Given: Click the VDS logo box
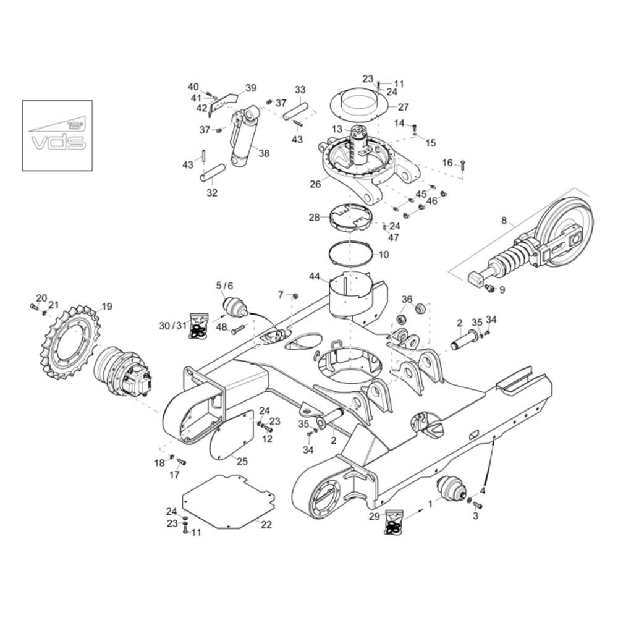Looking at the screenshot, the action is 57,135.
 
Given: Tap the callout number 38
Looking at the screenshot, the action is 264,153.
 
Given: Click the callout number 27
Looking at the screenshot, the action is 403,107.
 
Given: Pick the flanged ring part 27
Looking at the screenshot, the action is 358,103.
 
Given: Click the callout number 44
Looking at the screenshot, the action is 314,276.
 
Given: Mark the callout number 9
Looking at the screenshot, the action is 502,290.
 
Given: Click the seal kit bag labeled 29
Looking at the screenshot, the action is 393,522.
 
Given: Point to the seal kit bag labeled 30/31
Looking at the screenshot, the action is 199,326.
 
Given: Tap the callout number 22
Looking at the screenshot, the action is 266,525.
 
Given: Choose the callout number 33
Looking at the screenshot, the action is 300,90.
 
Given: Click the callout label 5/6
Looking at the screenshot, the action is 225,286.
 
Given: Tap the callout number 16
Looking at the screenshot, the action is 447,163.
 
